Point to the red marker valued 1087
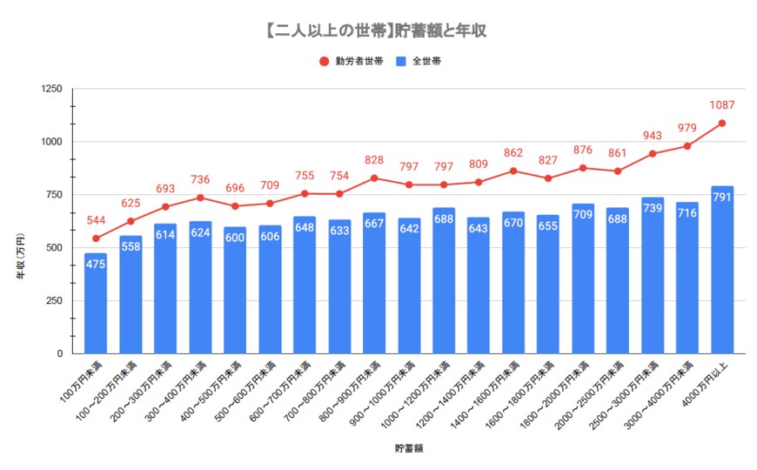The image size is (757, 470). (722, 124)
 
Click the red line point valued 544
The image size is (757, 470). (96, 238)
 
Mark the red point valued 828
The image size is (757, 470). (374, 178)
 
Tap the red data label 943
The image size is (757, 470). (653, 136)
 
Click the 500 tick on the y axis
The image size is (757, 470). (54, 248)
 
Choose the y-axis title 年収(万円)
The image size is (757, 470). (21, 252)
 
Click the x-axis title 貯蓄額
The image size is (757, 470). (409, 449)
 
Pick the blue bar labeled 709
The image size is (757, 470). (583, 279)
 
